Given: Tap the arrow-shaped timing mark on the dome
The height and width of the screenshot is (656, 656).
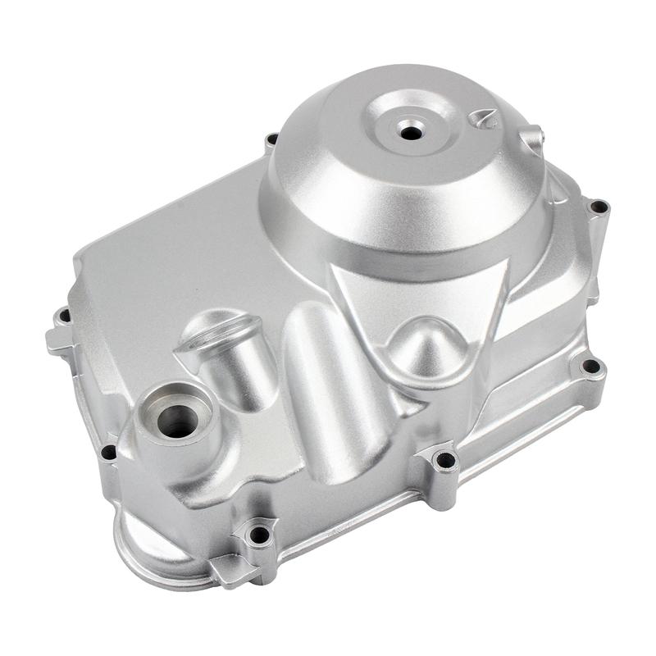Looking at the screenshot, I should click(x=484, y=120).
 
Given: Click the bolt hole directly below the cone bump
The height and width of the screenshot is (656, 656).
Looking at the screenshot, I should click(x=445, y=460).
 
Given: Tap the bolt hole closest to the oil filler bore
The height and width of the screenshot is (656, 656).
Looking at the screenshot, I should click(x=108, y=452).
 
